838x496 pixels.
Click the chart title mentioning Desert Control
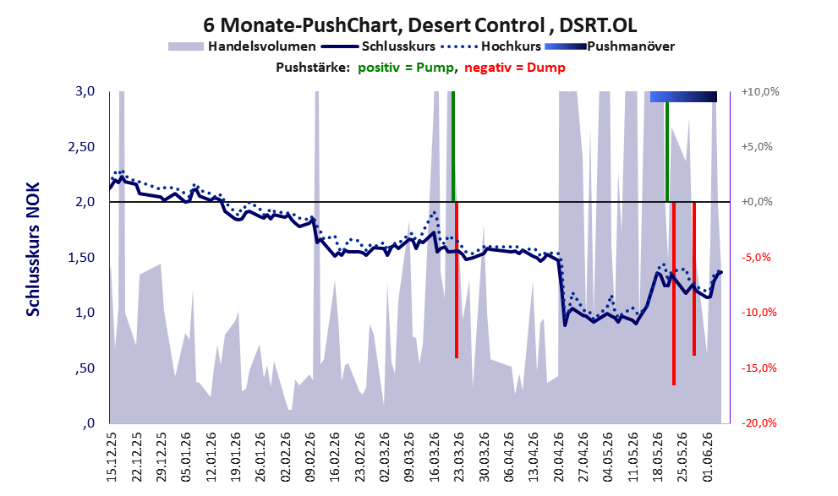click(419, 25)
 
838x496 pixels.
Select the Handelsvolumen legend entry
click(242, 46)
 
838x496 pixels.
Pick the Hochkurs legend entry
click(490, 46)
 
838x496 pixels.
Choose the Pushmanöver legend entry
click(610, 46)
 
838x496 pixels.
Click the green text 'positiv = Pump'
click(407, 68)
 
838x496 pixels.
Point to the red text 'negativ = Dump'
click(515, 68)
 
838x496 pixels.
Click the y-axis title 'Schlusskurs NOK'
click(33, 249)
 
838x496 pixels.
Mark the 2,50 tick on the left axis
click(81, 147)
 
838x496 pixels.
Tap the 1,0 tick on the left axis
click(85, 313)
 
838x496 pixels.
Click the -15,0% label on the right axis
click(759, 368)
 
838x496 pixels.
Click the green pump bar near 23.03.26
click(452, 146)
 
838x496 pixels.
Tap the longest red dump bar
click(674, 293)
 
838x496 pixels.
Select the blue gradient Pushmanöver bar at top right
click(683, 96)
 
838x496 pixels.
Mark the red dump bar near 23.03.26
click(457, 280)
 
